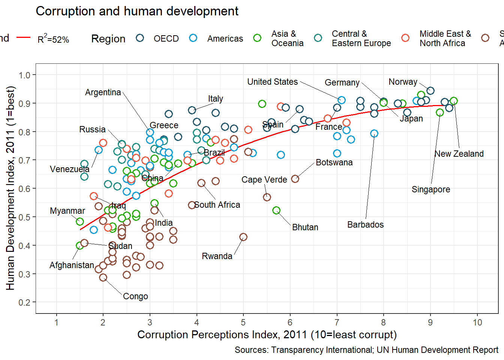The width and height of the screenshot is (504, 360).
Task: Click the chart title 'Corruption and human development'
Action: [137, 11]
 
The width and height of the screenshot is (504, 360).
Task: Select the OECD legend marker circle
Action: [140, 38]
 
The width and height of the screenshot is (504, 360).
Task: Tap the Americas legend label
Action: [225, 39]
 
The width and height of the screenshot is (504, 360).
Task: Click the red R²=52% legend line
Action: [24, 37]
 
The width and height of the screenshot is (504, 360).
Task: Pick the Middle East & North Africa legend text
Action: [445, 39]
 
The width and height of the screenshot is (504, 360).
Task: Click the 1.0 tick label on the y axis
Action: [24, 75]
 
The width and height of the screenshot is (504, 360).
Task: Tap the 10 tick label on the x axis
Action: [477, 322]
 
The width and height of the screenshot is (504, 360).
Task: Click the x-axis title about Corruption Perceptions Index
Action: [267, 334]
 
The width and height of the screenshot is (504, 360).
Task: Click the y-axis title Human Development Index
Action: [10, 188]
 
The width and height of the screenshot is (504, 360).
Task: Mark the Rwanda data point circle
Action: [243, 237]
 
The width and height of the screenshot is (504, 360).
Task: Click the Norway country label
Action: [403, 82]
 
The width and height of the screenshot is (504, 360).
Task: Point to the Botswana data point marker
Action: [295, 179]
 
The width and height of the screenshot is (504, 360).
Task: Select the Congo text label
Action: [135, 296]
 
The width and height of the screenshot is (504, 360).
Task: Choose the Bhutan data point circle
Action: [276, 210]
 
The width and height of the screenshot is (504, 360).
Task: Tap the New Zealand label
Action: [459, 154]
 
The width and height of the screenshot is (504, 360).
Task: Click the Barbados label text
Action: [365, 225]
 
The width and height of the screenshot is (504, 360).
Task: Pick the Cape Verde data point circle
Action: [267, 197]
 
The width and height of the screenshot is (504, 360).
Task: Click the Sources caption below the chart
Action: [366, 350]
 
